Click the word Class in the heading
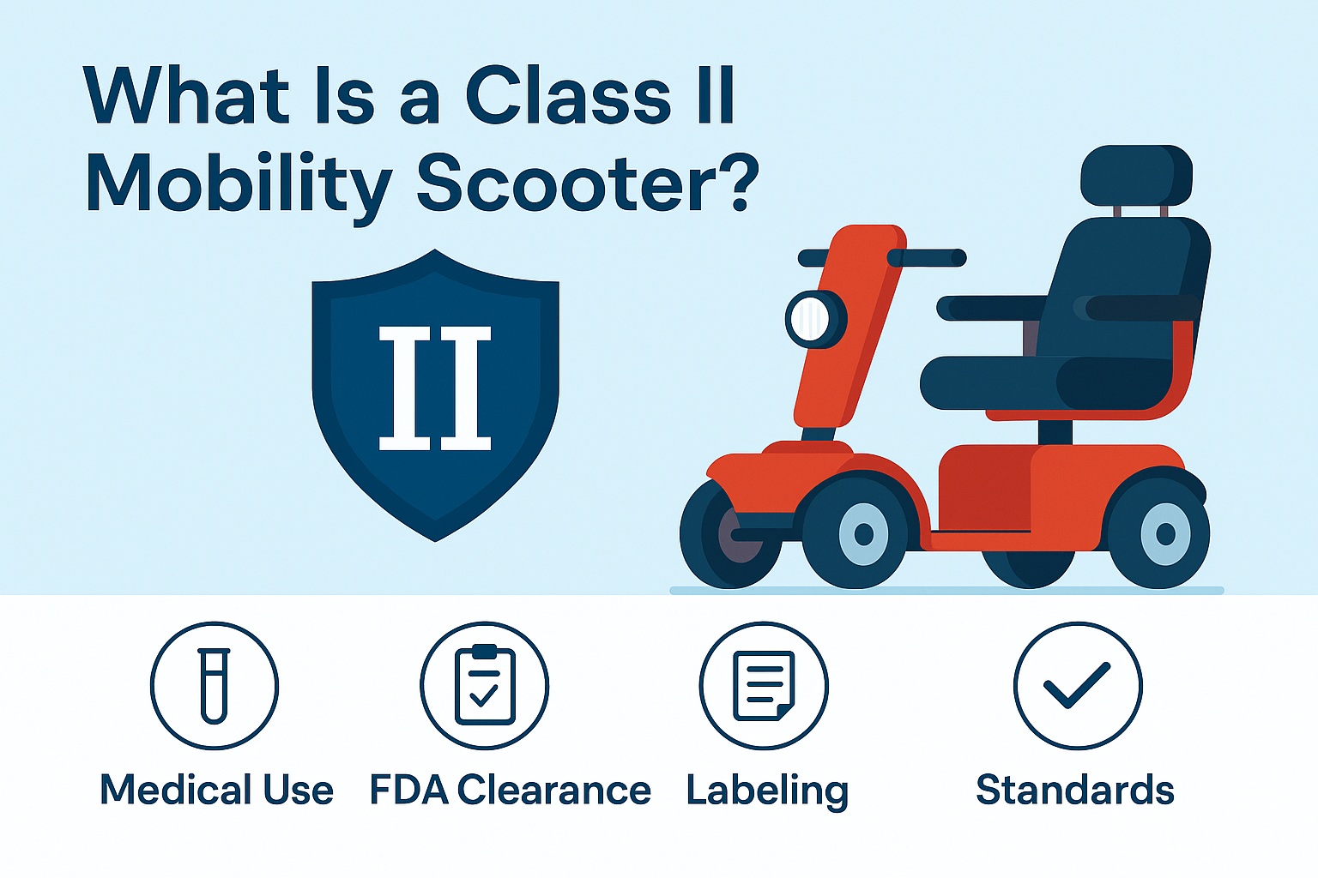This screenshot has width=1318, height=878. [567, 96]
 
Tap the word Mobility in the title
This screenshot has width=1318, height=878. [239, 185]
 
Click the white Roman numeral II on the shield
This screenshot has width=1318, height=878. [435, 388]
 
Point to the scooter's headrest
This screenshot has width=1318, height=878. [1136, 175]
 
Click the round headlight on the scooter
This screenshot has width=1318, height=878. [813, 319]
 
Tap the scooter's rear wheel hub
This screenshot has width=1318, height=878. [1164, 534]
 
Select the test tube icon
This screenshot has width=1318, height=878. [214, 686]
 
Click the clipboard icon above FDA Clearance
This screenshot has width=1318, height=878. [485, 686]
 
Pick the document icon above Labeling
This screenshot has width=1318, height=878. [764, 686]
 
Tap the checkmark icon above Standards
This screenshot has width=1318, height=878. [1077, 686]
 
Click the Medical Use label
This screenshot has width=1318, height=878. [216, 790]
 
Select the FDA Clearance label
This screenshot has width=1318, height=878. [510, 790]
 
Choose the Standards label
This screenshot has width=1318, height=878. [1074, 790]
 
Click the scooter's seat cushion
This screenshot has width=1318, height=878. [1047, 382]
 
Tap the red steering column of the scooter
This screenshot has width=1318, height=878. [845, 326]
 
